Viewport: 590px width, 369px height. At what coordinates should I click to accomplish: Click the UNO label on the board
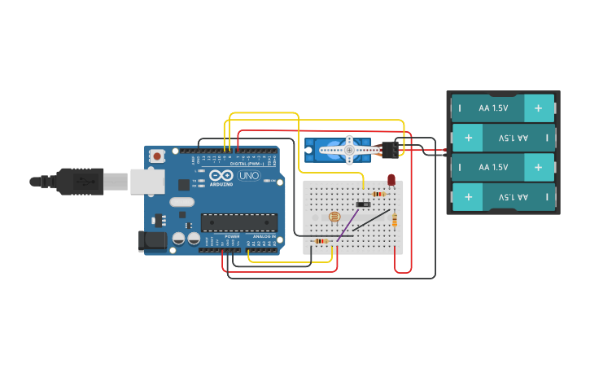click(x=247, y=176)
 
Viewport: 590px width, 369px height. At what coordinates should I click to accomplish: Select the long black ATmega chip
click(x=239, y=222)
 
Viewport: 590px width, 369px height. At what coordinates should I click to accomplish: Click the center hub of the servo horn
click(x=349, y=150)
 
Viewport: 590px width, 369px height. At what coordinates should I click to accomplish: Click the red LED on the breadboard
click(x=391, y=180)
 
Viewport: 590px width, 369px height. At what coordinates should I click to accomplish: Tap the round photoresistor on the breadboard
click(x=334, y=217)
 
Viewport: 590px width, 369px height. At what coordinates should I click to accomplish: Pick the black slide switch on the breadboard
click(x=363, y=204)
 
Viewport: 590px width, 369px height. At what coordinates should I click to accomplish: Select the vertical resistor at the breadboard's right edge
click(x=395, y=220)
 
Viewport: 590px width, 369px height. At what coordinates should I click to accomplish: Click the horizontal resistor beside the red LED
click(x=378, y=194)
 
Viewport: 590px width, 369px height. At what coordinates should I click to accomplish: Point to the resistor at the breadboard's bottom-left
click(x=321, y=241)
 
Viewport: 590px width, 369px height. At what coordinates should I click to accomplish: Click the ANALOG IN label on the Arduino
click(x=263, y=236)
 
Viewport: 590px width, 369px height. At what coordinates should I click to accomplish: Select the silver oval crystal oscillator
click(x=181, y=202)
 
